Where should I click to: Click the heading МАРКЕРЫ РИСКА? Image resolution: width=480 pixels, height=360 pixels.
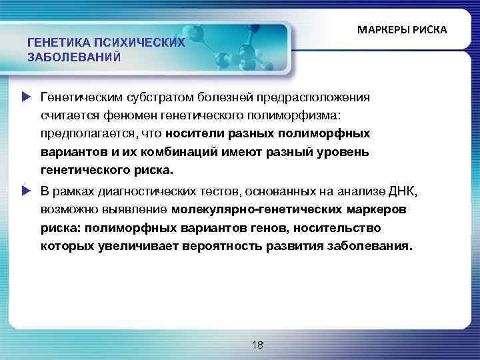click(x=402, y=31)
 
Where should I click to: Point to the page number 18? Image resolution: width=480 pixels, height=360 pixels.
click(x=258, y=345)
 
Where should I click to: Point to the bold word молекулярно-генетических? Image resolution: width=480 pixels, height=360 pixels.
click(x=253, y=210)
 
